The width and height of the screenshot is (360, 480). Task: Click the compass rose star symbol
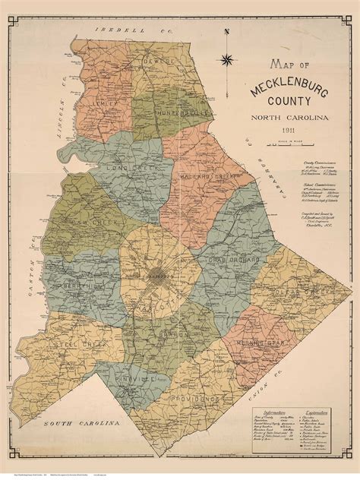pyautogui.click(x=227, y=60)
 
